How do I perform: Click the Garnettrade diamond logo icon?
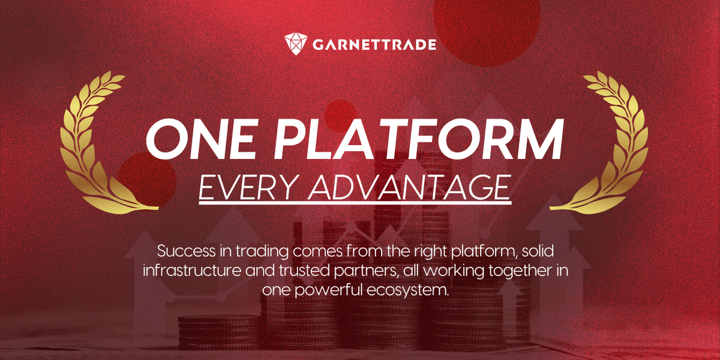coord(296,43)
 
